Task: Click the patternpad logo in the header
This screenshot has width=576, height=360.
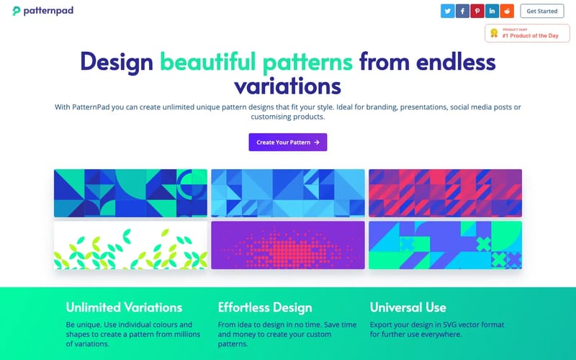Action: click(x=42, y=11)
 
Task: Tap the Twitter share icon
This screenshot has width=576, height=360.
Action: click(x=447, y=11)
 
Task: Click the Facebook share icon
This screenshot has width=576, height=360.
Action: click(x=462, y=11)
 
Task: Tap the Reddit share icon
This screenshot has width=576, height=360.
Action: click(x=508, y=11)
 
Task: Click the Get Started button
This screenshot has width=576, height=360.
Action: click(x=542, y=11)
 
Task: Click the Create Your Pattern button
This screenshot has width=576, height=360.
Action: click(x=288, y=142)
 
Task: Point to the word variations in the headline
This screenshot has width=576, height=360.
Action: click(x=288, y=86)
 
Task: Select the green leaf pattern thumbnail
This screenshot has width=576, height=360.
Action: click(x=130, y=245)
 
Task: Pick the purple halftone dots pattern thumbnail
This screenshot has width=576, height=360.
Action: click(x=288, y=245)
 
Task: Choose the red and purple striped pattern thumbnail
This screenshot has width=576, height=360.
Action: click(x=445, y=193)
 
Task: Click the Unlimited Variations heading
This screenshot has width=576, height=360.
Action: click(x=124, y=307)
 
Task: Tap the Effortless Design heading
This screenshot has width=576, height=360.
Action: click(x=265, y=307)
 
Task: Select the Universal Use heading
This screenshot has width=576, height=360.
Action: click(x=408, y=307)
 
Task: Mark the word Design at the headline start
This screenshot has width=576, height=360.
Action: click(x=117, y=61)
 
